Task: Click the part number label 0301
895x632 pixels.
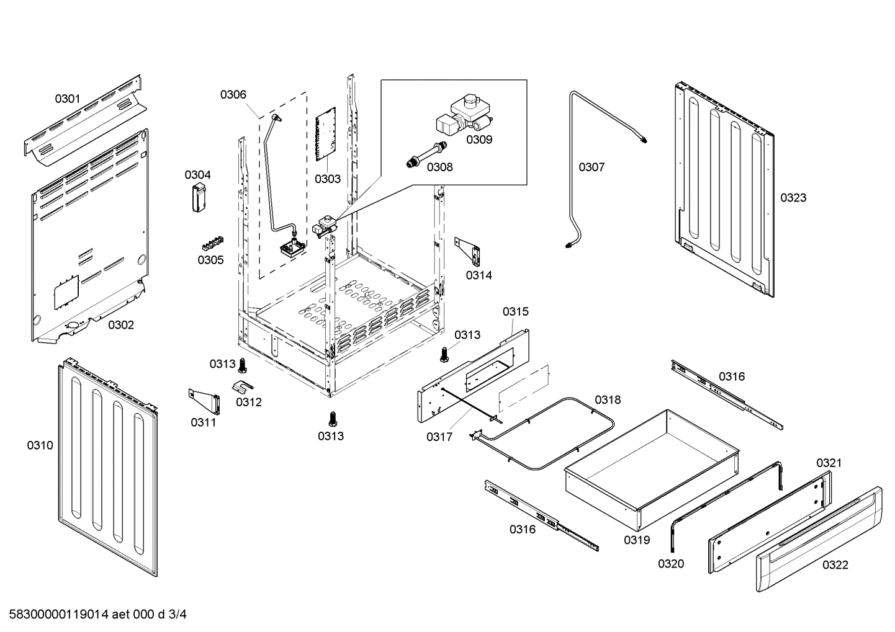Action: pyautogui.click(x=68, y=98)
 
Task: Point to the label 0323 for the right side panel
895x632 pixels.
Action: pyautogui.click(x=793, y=198)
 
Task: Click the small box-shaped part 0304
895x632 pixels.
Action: pyautogui.click(x=199, y=198)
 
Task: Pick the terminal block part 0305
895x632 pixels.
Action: pyautogui.click(x=211, y=241)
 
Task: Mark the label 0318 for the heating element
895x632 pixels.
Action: pyautogui.click(x=608, y=400)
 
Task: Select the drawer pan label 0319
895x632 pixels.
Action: pyautogui.click(x=637, y=540)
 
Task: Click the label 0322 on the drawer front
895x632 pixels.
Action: pyautogui.click(x=835, y=564)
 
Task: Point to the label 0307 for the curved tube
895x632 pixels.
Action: pyautogui.click(x=591, y=167)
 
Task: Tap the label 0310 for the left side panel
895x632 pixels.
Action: pyautogui.click(x=40, y=445)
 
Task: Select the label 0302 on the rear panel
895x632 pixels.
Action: pyautogui.click(x=121, y=325)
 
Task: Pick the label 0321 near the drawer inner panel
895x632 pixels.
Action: pyautogui.click(x=829, y=463)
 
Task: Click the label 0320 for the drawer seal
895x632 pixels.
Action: pyautogui.click(x=671, y=563)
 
